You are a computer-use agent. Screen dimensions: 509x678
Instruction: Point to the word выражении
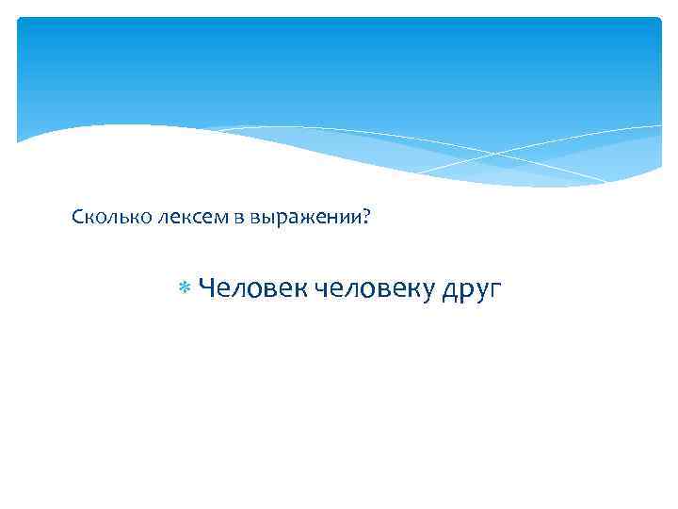click(300, 219)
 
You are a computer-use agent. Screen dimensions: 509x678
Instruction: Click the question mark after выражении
click(366, 218)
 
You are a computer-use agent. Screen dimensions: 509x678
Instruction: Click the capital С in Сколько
click(77, 218)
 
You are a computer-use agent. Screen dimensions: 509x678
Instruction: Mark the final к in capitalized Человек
click(300, 287)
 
